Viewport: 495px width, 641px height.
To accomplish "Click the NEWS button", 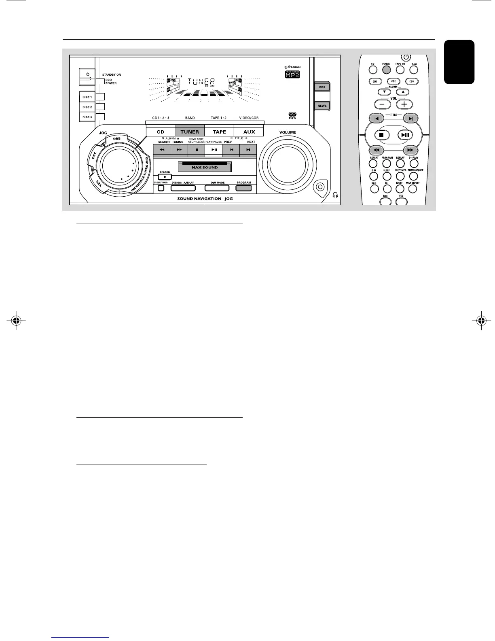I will [322, 106].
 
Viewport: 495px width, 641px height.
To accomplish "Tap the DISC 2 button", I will [87, 107].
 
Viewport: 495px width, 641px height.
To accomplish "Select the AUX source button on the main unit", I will [249, 132].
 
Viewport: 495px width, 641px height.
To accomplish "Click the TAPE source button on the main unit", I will [219, 132].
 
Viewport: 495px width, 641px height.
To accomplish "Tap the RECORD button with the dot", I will [165, 177].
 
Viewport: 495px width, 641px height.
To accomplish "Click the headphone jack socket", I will [320, 187].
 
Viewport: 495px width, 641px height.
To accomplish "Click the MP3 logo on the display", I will [292, 75].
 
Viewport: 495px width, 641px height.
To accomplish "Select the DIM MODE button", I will [217, 188].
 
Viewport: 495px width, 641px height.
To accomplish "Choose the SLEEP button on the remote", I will [387, 177].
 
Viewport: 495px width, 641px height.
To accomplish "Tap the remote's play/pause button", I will [406, 135].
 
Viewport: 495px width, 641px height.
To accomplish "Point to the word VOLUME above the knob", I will [288, 132].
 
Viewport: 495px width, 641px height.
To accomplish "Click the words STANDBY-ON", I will [112, 75].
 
